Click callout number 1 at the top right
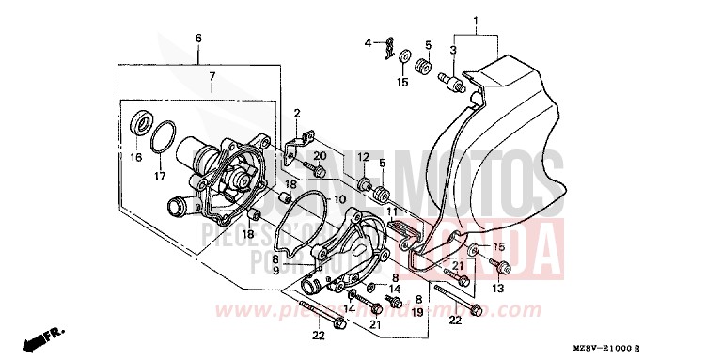click(476, 21)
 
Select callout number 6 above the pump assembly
click(198, 38)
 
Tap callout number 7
click(212, 75)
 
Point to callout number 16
click(136, 158)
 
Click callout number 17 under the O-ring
click(160, 175)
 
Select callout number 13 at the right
click(498, 288)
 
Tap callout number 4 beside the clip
click(370, 43)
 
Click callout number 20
click(321, 155)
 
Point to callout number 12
click(362, 157)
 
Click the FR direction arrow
click(38, 335)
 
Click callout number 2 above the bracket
click(296, 114)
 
